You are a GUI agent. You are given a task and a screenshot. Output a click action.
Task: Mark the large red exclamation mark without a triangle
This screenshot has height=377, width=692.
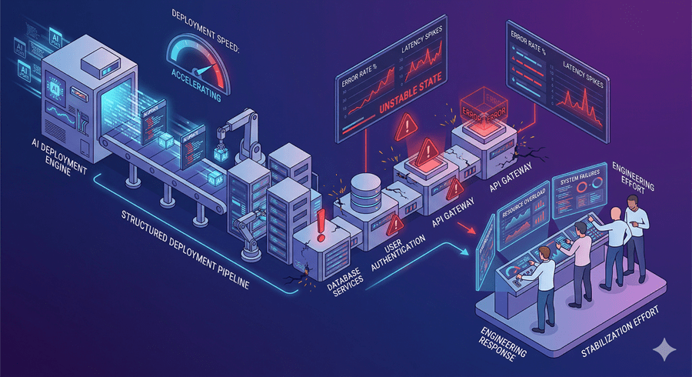point(321,223)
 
